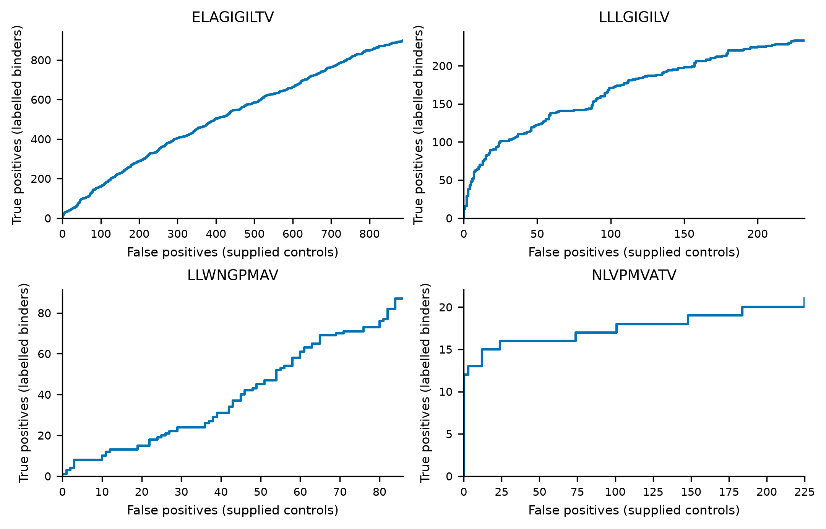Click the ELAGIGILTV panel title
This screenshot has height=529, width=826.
[x=232, y=17]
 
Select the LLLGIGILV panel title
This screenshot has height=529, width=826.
[x=634, y=17]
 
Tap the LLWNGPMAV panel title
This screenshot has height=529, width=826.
[x=232, y=275]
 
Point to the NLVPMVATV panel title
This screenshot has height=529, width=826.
[x=634, y=275]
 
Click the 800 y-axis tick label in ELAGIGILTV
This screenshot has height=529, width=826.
[x=41, y=60]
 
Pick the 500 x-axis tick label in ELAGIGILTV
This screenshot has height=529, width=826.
[x=254, y=234]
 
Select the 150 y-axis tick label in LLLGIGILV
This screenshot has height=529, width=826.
[x=442, y=104]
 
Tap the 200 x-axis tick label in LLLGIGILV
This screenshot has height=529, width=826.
[x=758, y=234]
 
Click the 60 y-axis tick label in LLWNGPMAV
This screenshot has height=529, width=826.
[x=44, y=354]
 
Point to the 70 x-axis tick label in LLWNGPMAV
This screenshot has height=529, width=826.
[x=340, y=492]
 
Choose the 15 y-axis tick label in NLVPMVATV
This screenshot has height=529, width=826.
[x=446, y=350]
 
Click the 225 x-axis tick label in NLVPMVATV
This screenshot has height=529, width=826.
[x=804, y=492]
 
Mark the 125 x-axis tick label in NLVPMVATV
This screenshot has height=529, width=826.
[x=653, y=492]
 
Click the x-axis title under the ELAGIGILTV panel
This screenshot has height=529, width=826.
[x=232, y=252]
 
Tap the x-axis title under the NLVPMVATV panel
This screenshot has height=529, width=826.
[x=634, y=510]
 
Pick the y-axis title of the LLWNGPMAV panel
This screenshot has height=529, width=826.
[x=24, y=383]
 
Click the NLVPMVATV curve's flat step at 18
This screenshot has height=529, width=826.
[x=652, y=324]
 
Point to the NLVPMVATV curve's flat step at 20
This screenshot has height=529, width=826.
[x=773, y=307]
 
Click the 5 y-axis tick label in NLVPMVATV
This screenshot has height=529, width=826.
[x=449, y=434]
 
